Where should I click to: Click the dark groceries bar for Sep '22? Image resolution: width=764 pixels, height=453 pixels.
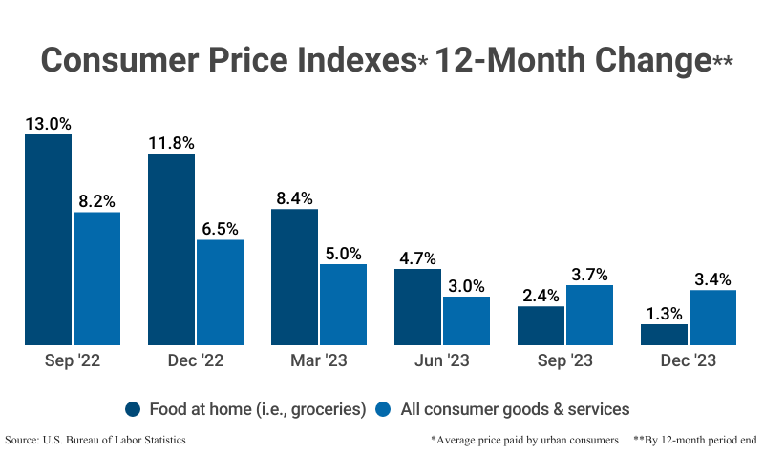pos(48,239)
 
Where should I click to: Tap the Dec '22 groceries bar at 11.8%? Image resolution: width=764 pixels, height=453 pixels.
pos(171,249)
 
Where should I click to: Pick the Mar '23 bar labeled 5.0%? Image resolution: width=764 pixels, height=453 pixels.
pos(343,304)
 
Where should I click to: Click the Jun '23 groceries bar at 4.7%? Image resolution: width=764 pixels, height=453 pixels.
pos(417,306)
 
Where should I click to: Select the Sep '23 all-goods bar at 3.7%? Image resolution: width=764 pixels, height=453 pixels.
pos(589,315)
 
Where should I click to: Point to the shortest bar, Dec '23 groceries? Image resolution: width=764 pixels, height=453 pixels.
pos(664,335)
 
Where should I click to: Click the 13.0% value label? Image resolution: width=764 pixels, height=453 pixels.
pos(48,123)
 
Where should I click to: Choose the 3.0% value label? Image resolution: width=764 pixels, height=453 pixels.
pos(466,285)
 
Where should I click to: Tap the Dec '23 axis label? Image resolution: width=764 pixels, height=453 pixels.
pos(689,361)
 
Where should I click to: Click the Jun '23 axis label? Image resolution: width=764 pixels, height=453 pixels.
pos(442,361)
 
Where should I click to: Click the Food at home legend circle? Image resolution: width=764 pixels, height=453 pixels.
pos(135,409)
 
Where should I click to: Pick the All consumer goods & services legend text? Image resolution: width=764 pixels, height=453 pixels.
pos(513,409)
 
